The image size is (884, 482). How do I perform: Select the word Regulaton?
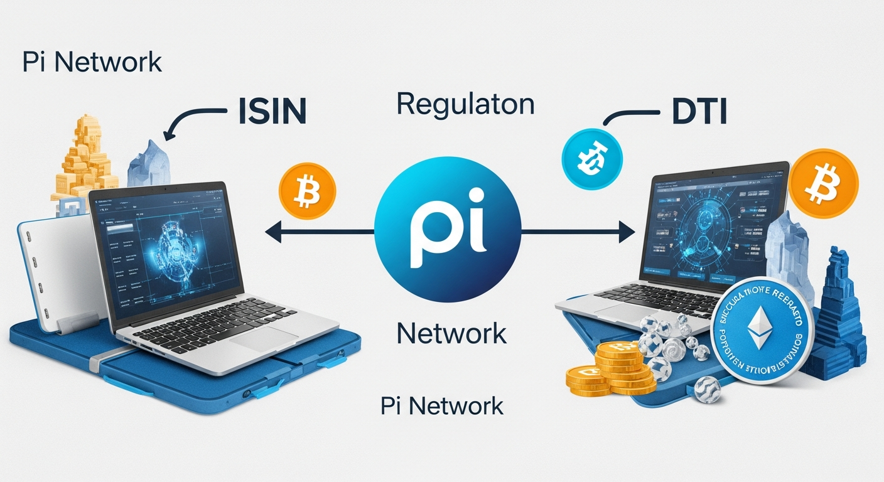point(465,104)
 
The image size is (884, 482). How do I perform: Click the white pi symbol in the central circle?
point(446,233)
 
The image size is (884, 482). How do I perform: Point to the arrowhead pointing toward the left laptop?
point(272,233)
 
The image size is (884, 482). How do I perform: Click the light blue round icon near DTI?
point(592,154)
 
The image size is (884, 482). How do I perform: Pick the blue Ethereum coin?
point(762,331)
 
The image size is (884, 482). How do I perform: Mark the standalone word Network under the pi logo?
point(451,332)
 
